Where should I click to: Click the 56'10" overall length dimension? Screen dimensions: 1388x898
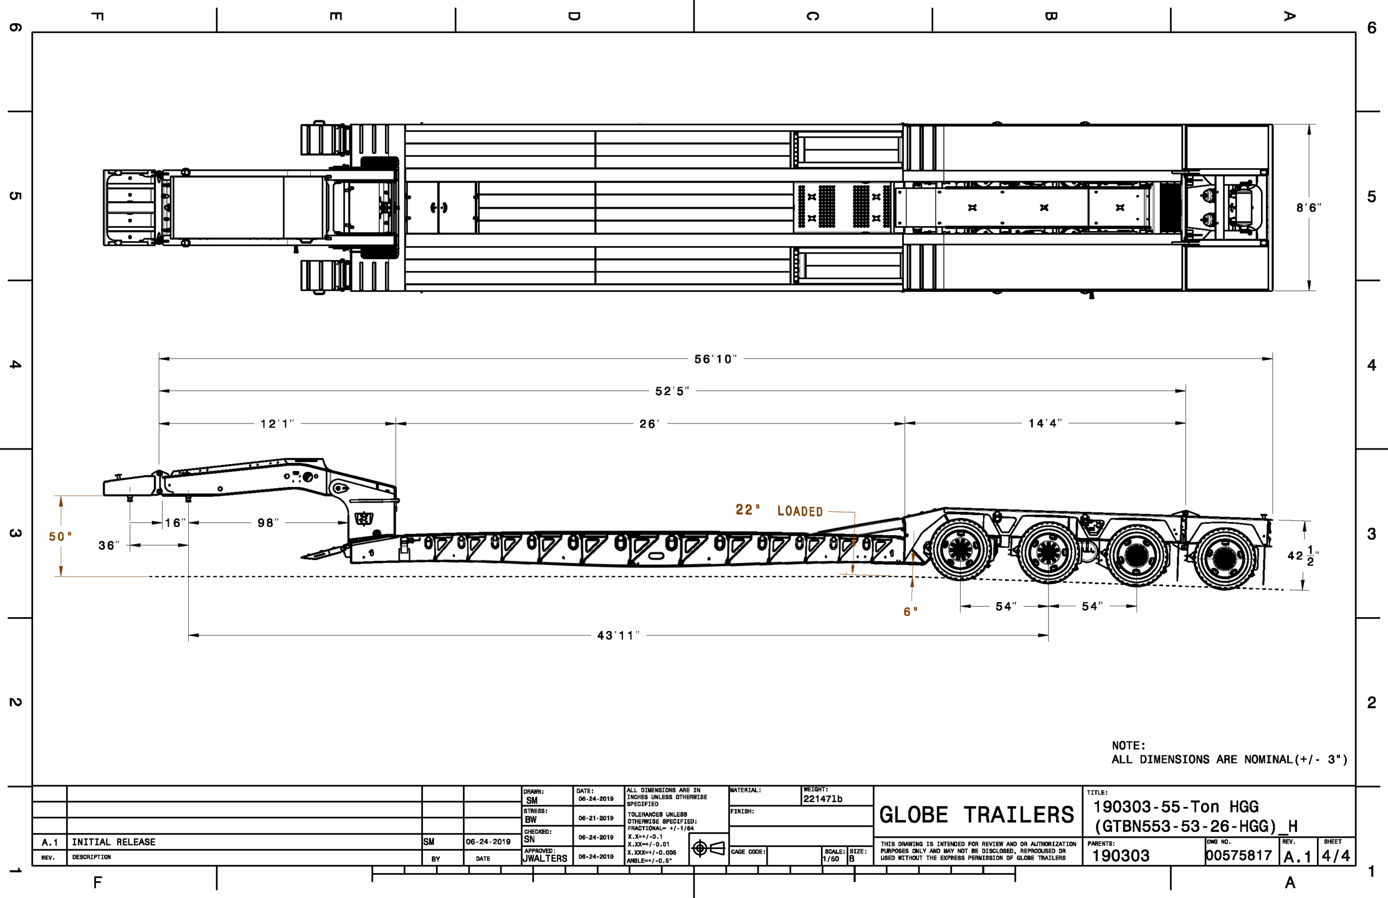(715, 359)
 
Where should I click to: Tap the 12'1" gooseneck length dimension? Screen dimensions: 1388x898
(277, 424)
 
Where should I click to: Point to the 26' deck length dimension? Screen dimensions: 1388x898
(650, 424)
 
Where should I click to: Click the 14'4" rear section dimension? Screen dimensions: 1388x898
(1045, 424)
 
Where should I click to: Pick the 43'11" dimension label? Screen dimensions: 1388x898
(618, 635)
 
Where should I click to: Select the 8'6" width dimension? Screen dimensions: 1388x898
(1309, 208)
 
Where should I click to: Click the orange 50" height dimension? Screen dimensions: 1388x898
(60, 536)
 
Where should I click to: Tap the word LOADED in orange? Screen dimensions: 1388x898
(800, 511)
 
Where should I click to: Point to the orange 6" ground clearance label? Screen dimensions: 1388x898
(910, 612)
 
